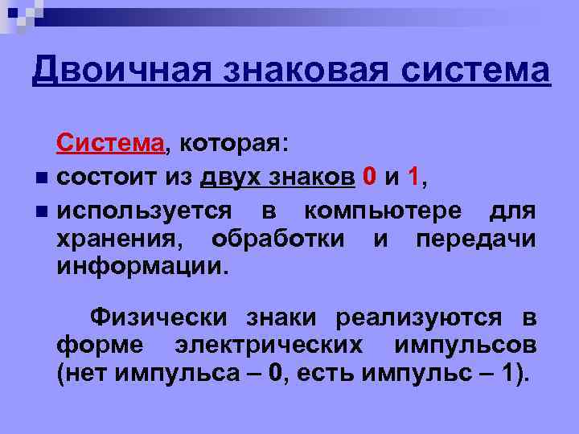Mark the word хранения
pyautogui.click(x=119, y=239)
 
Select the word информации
pyautogui.click(x=142, y=266)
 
